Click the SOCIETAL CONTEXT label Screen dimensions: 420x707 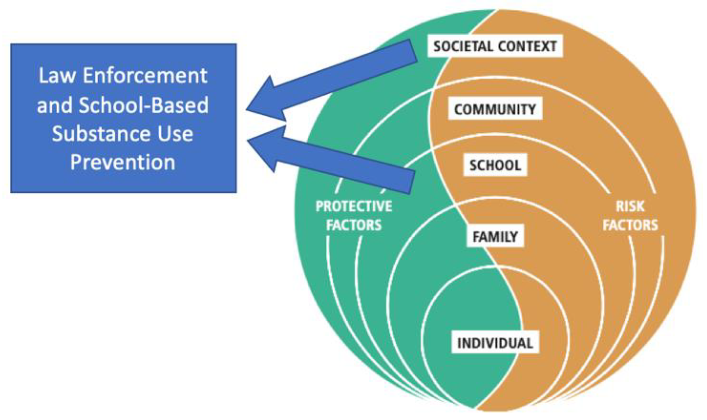495,46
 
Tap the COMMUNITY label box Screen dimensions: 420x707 495,109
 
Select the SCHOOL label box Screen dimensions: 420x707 495,165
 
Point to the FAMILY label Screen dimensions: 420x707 495,236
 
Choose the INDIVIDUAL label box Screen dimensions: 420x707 495,343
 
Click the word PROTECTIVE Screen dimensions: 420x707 354,206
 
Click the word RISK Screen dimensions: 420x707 630,206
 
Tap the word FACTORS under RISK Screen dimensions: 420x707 630,225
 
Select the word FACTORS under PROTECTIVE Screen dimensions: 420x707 354,225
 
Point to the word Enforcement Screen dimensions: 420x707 145,75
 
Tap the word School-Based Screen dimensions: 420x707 144,105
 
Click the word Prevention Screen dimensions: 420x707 123,163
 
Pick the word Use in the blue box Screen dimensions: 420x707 175,134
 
